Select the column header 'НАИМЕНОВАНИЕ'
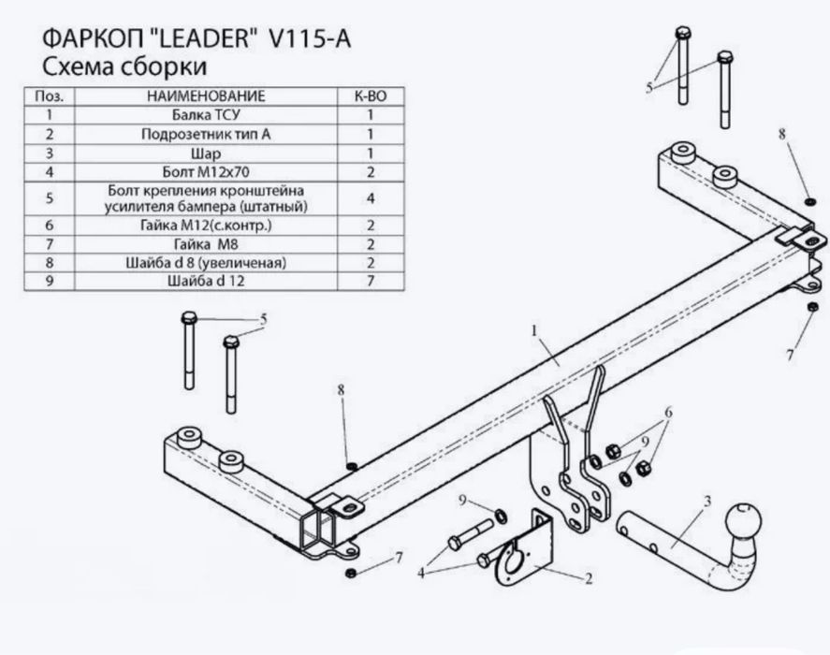click(207, 96)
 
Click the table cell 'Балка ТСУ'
click(207, 115)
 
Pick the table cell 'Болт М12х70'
click(207, 172)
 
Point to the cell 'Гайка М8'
click(207, 243)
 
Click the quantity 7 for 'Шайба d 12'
click(371, 280)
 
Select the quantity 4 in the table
click(371, 198)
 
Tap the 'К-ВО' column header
click(371, 96)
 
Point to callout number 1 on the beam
click(534, 330)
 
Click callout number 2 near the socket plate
click(589, 580)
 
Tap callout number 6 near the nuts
click(668, 413)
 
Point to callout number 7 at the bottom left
click(399, 558)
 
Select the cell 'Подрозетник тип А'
click(207, 134)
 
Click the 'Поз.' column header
click(48, 96)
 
